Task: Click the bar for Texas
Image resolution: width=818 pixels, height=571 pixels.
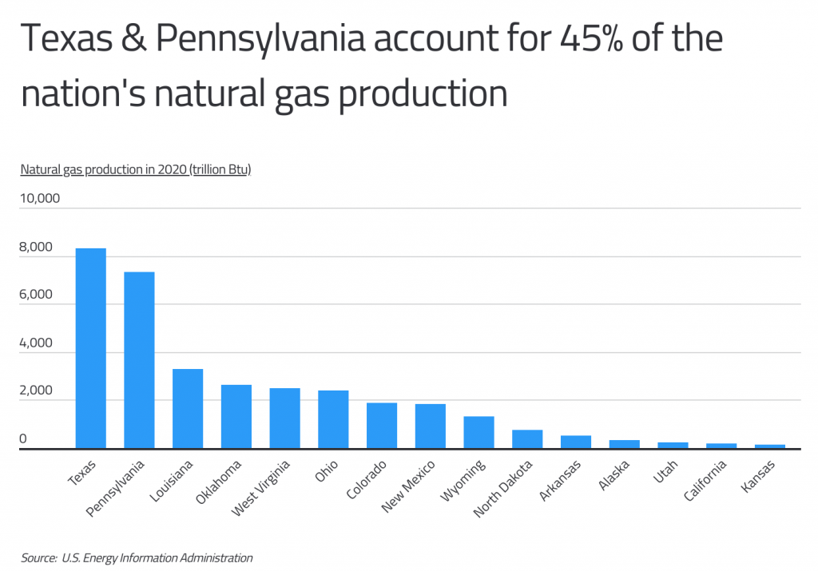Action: point(90,348)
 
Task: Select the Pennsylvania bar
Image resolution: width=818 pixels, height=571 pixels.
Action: point(139,360)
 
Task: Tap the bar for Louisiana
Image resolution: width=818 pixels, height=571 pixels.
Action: point(188,408)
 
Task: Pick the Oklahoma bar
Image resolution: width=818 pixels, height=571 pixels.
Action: point(236,416)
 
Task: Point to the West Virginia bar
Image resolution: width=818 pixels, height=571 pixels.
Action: point(285,418)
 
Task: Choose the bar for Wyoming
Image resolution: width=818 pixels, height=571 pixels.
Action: point(479,432)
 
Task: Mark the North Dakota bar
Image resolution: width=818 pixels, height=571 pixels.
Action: point(528,439)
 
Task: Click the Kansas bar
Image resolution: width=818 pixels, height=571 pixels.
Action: point(770,446)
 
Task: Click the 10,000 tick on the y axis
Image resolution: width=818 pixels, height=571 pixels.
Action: point(40,198)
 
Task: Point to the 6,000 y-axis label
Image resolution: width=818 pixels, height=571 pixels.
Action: point(37,295)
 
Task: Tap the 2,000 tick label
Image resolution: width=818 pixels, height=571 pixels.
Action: point(37,391)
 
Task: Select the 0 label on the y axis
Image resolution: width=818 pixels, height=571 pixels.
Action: point(23,439)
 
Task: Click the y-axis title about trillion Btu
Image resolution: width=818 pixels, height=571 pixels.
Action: point(136,169)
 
